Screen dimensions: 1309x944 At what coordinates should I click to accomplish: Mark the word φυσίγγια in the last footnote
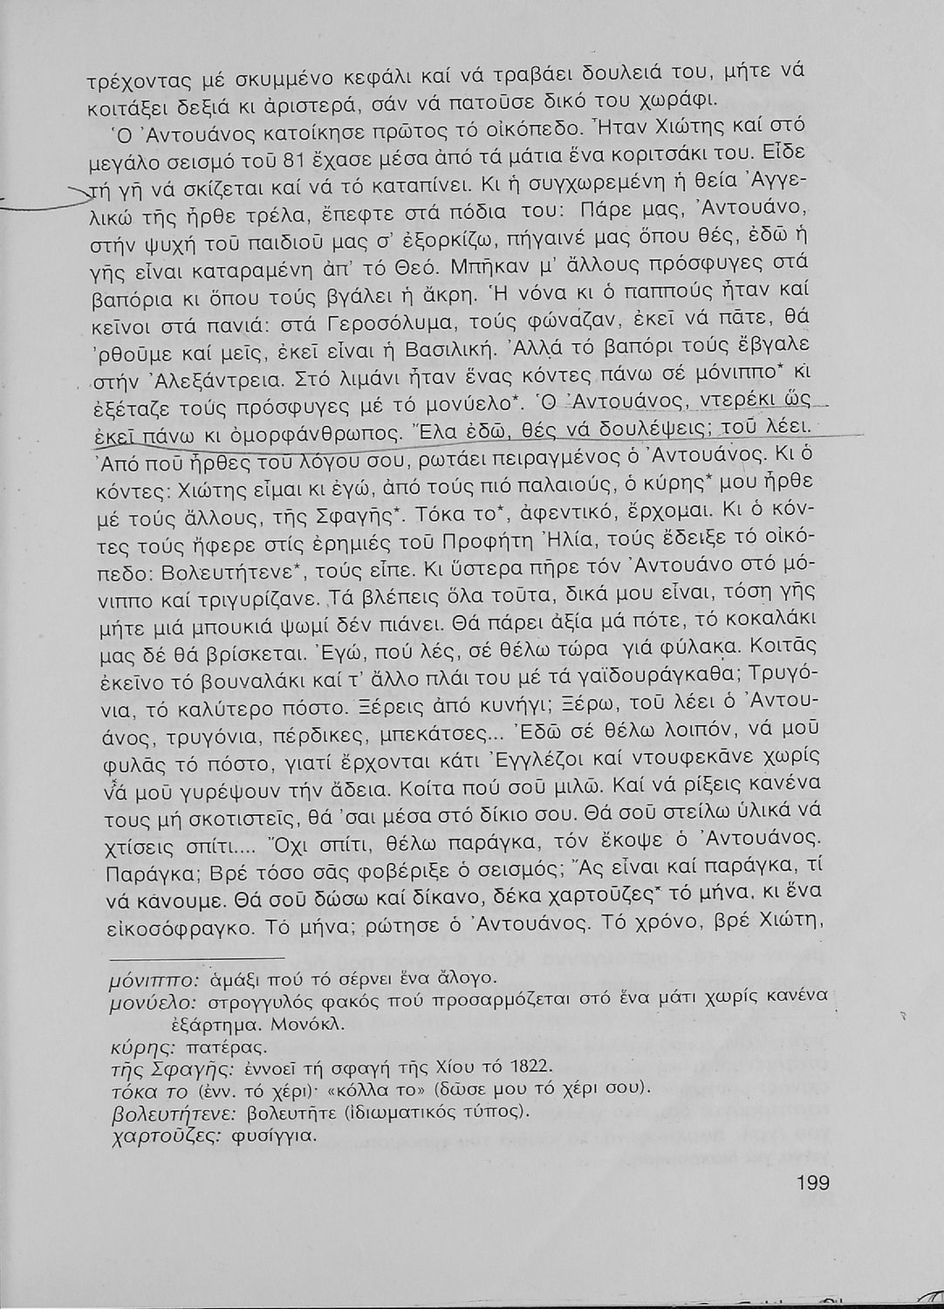277,1137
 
